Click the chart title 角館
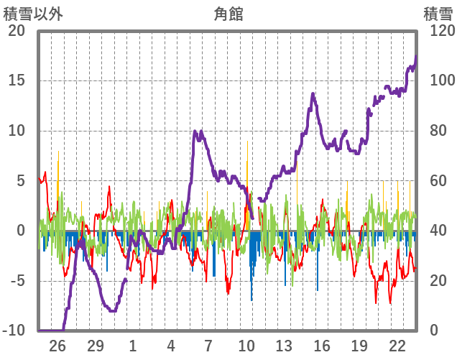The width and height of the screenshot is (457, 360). click(x=228, y=13)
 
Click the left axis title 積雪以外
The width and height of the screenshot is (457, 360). click(x=28, y=13)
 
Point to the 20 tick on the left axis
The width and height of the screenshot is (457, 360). click(x=17, y=31)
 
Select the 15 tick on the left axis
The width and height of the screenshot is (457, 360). click(x=17, y=80)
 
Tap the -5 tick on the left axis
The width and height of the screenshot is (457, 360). click(x=17, y=281)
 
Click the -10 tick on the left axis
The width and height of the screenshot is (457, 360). click(x=14, y=331)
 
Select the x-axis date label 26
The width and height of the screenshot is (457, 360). click(x=57, y=346)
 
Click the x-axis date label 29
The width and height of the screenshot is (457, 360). click(x=95, y=346)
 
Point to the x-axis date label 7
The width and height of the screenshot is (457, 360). click(x=208, y=346)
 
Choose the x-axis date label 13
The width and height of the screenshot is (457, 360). click(x=284, y=346)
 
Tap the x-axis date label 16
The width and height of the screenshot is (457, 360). click(x=322, y=346)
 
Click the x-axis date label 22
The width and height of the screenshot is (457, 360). click(x=397, y=346)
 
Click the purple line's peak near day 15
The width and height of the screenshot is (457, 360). click(x=313, y=93)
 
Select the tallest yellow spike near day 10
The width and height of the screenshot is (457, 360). click(x=246, y=141)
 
